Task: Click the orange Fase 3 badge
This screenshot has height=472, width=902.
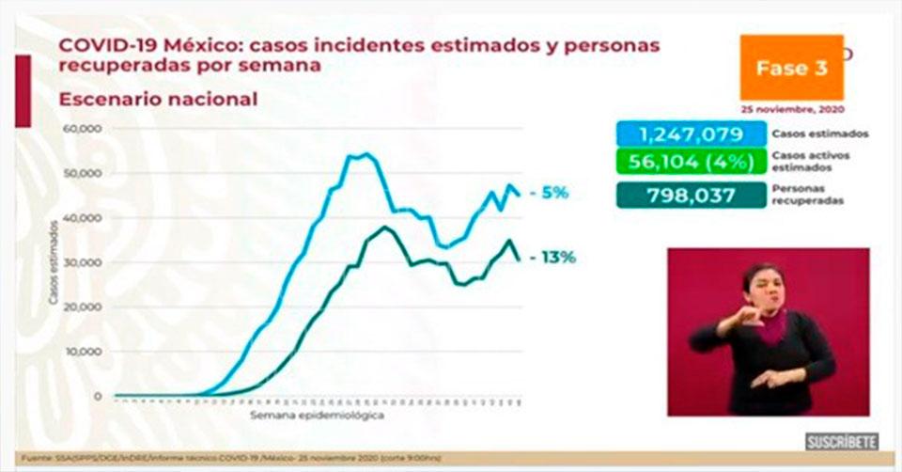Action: click(x=791, y=68)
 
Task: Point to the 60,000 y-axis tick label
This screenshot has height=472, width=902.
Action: click(x=81, y=129)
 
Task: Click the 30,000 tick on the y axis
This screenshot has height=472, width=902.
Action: click(x=81, y=262)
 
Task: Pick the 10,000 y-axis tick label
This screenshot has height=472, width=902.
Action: click(x=81, y=352)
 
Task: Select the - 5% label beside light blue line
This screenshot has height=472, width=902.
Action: click(x=550, y=193)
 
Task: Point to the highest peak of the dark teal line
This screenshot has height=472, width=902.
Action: click(x=385, y=227)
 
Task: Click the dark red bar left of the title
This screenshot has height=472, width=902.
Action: click(x=23, y=90)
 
